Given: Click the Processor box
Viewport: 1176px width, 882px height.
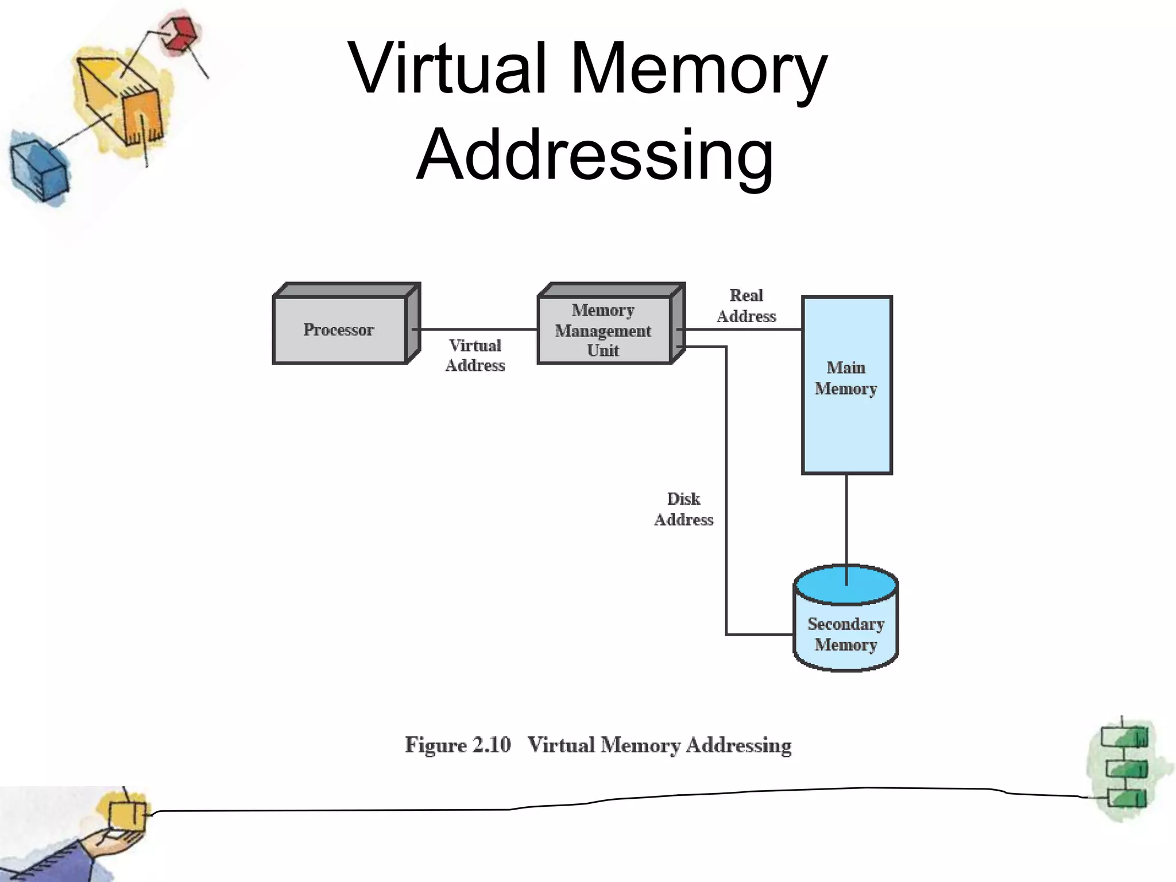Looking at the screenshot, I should point(339,330).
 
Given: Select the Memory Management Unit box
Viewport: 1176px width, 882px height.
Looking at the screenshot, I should point(604,330).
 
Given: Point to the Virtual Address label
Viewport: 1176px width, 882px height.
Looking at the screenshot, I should point(475,355).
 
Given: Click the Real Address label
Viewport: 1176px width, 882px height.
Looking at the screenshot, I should point(746,306).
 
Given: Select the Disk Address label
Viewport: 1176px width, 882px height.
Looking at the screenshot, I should point(683,509).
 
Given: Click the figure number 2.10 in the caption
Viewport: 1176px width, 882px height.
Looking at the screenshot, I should point(491,745).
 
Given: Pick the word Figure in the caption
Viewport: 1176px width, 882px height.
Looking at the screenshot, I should point(435,745).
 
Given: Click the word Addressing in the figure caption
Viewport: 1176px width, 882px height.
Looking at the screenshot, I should point(738,745).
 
